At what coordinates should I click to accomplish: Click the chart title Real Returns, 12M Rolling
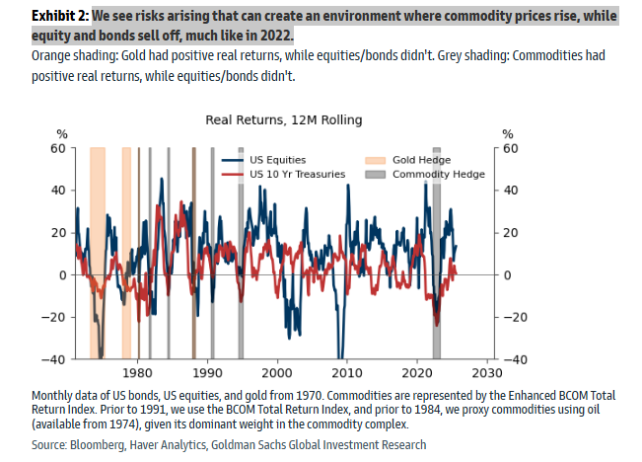[x=284, y=119]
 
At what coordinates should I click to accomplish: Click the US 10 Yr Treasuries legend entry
[x=297, y=174]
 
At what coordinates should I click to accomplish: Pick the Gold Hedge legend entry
[x=420, y=160]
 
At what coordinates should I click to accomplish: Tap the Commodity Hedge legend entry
[x=438, y=174]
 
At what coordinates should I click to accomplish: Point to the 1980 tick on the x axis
[x=138, y=374]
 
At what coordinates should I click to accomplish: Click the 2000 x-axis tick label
[x=278, y=374]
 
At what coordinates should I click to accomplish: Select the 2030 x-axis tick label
[x=485, y=374]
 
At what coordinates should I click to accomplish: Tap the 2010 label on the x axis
[x=346, y=374]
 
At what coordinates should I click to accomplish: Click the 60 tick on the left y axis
[x=57, y=148]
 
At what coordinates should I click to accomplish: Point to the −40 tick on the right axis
[x=513, y=359]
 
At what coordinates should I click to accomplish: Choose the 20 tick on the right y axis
[x=510, y=233]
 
